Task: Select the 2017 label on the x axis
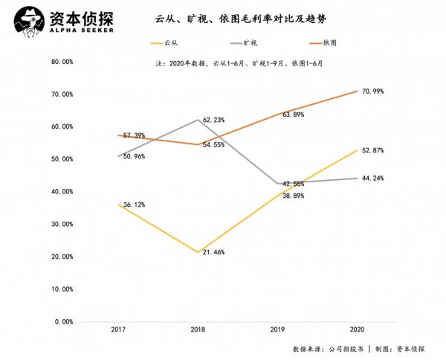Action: pyautogui.click(x=117, y=329)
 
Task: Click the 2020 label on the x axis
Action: pyautogui.click(x=357, y=329)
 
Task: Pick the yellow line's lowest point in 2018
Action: pyautogui.click(x=198, y=252)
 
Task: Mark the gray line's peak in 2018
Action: pyautogui.click(x=198, y=120)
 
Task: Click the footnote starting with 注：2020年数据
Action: pyautogui.click(x=239, y=64)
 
